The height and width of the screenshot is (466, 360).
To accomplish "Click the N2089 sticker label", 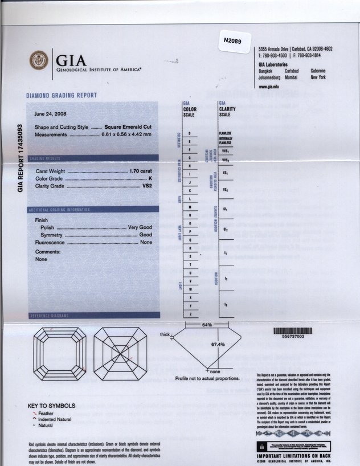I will click(x=233, y=41).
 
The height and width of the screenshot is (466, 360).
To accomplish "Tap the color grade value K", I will click(x=150, y=178).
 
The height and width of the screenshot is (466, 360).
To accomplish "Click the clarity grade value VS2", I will click(x=147, y=186).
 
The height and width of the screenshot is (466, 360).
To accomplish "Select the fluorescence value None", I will click(x=146, y=242).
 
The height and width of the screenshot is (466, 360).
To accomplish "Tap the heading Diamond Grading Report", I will click(x=62, y=95).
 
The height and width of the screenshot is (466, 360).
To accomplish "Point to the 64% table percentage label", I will click(x=207, y=325).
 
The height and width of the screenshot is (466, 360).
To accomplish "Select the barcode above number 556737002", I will click(x=293, y=330).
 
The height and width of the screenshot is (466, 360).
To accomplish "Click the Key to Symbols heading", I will click(x=51, y=406).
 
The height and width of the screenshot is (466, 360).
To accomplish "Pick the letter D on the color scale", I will click(x=189, y=133).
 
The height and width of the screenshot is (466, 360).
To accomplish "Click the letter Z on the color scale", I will click(x=189, y=314).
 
